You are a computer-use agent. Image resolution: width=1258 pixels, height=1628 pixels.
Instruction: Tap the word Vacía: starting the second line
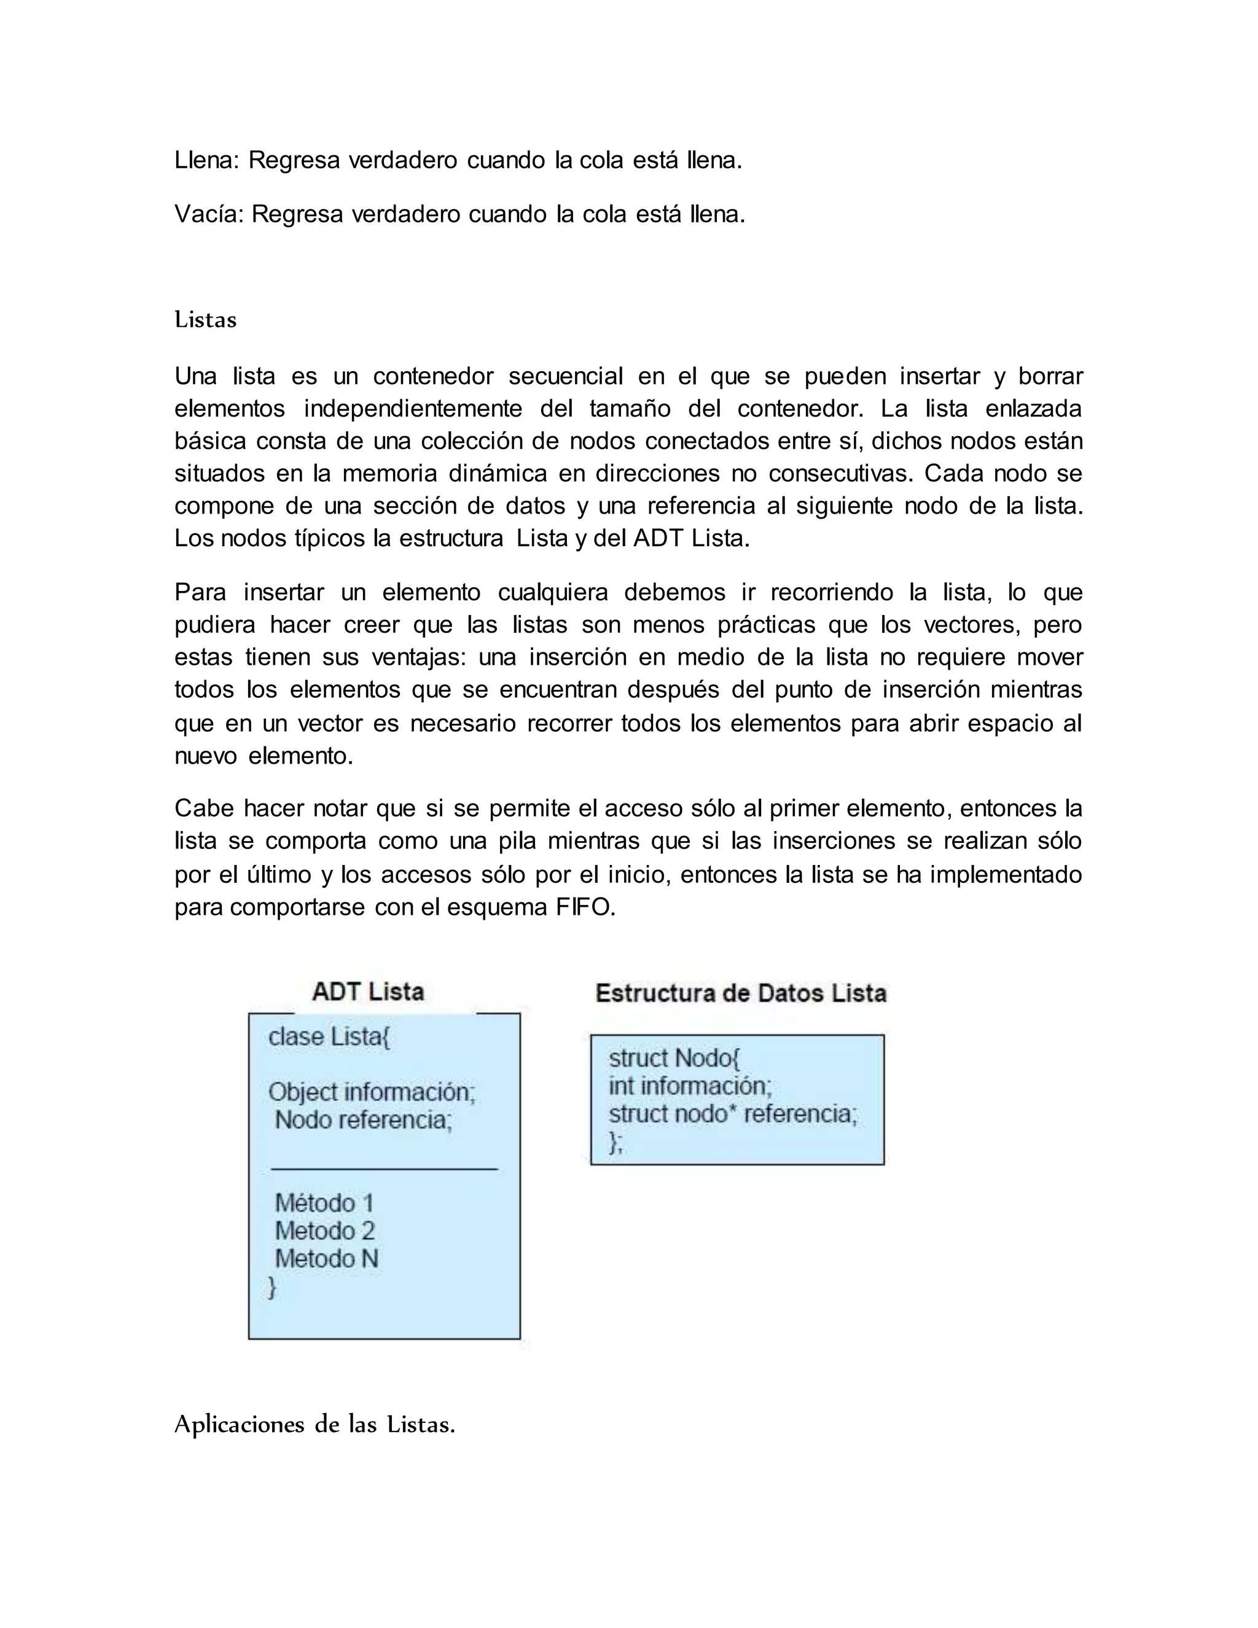(209, 214)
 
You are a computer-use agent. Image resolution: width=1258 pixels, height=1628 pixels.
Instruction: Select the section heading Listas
(206, 320)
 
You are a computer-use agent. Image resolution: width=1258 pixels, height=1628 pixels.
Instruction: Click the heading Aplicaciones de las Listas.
(314, 1425)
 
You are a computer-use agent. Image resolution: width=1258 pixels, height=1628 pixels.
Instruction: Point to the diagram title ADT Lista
(368, 992)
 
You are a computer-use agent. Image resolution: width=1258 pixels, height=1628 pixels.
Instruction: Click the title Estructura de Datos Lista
(741, 993)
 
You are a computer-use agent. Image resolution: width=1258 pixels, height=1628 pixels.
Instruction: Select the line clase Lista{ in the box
(329, 1037)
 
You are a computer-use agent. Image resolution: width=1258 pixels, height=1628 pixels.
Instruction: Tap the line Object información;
(372, 1092)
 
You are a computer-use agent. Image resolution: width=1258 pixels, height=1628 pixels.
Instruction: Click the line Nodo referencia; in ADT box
(364, 1119)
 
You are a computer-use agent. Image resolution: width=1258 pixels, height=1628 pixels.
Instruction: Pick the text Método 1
(324, 1203)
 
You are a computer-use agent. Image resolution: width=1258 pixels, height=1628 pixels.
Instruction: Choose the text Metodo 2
(324, 1231)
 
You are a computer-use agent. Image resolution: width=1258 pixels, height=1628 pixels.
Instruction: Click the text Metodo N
(326, 1259)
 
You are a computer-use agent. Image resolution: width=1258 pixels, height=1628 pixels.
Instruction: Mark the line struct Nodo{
(674, 1058)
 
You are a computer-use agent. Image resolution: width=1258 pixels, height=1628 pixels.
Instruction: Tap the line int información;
(690, 1086)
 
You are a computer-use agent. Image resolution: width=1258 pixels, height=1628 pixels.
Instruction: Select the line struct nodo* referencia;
(733, 1114)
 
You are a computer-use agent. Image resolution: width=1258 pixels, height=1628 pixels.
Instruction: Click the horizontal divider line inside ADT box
(384, 1170)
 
